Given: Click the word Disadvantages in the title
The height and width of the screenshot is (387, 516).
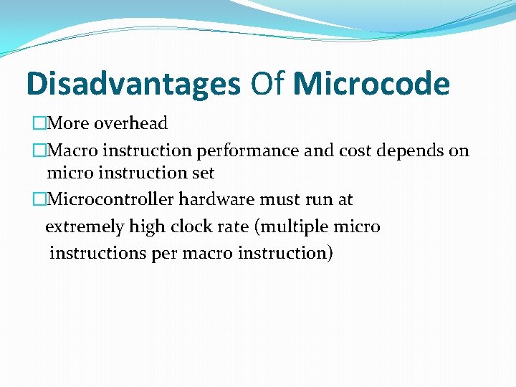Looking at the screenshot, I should (x=133, y=85).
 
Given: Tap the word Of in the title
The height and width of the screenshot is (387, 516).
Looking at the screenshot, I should (x=267, y=85).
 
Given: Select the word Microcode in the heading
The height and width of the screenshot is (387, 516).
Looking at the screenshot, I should (x=371, y=85).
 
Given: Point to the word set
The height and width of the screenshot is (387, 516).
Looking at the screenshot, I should (x=202, y=173).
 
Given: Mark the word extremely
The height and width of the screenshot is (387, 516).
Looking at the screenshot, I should (x=85, y=227).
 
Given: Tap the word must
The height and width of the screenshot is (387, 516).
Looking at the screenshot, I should (x=282, y=199).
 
